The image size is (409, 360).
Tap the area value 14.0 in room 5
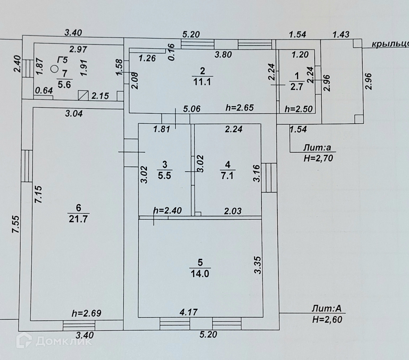click(200, 274)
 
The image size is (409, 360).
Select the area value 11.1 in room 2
click(202, 81)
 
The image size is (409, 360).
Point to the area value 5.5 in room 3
click(165, 175)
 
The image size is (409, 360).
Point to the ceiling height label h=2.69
click(87, 313)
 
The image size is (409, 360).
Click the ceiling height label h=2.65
click(239, 108)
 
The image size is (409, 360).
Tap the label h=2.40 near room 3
click(167, 210)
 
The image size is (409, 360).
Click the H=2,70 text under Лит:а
click(318, 158)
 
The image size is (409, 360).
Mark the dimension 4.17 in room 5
click(189, 312)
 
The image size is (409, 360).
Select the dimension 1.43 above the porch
click(341, 34)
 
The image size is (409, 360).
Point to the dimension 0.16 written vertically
click(171, 52)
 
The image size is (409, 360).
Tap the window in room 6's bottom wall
click(79, 325)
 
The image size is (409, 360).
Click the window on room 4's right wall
click(269, 177)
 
